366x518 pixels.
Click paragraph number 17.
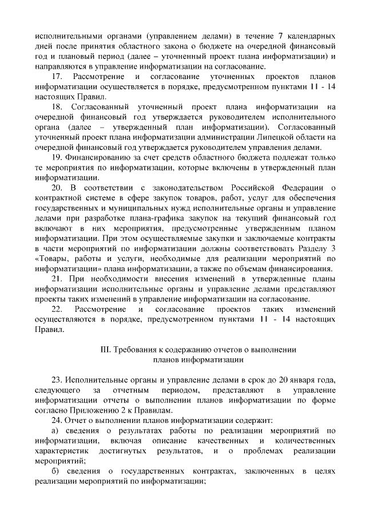(x=57, y=77)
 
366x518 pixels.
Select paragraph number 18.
(x=57, y=107)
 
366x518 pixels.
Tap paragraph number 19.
(x=57, y=157)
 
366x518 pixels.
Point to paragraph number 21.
(x=57, y=278)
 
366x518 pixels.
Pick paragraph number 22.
(x=57, y=309)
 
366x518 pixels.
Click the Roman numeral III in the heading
(x=105, y=349)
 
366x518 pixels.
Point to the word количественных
(x=302, y=440)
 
